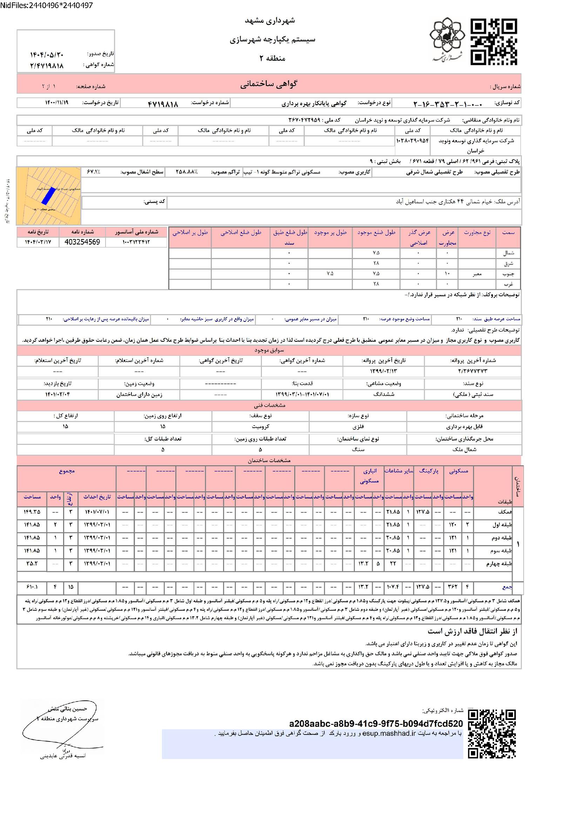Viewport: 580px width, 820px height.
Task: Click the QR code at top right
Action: (493, 42)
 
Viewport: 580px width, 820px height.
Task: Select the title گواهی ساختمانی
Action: (269, 84)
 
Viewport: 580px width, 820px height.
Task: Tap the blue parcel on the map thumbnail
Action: (47, 197)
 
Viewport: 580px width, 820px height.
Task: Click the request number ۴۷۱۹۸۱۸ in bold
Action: (162, 104)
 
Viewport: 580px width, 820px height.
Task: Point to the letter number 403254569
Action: (82, 242)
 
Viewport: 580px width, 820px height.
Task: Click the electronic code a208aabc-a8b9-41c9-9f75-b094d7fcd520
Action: (376, 724)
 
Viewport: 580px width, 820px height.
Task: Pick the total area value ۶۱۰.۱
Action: (32, 587)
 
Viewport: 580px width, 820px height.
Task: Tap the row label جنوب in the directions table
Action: (508, 273)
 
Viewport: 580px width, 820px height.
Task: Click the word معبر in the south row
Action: (477, 273)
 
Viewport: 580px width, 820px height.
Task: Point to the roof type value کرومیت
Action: (260, 426)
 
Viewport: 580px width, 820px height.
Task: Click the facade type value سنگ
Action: (358, 450)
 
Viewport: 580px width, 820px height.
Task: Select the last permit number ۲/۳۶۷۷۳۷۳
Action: (472, 371)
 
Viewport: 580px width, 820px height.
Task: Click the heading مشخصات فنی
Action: (269, 405)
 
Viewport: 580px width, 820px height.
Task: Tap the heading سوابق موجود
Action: (269, 350)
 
